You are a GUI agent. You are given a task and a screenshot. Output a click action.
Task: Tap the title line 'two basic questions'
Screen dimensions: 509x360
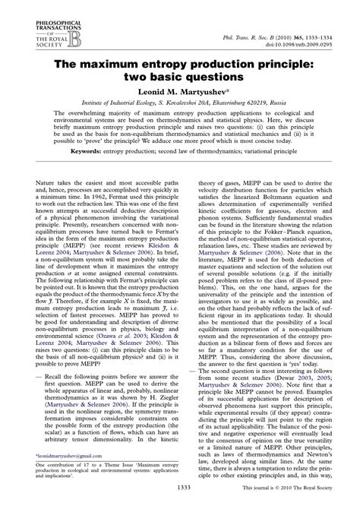pos(179,77)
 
